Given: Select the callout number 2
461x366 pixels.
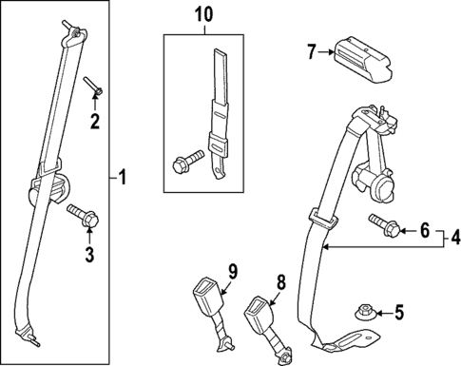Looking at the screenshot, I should [x=94, y=120].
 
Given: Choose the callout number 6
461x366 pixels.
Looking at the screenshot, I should [x=425, y=229].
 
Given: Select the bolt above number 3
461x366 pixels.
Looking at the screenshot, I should [x=83, y=216].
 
